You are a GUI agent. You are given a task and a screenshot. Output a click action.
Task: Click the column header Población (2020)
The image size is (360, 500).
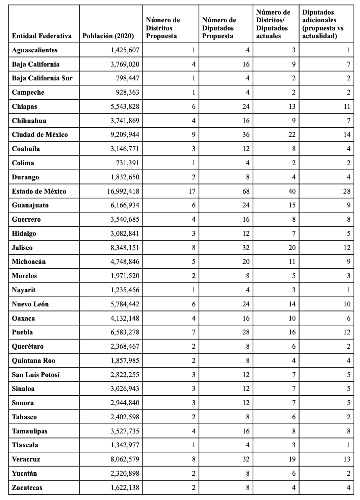(108, 36)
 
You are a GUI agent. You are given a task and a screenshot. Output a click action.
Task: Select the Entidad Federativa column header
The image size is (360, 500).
(42, 36)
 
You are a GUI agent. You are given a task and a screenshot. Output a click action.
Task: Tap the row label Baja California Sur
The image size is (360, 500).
(42, 78)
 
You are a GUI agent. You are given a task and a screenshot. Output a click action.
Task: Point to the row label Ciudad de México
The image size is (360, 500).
(40, 135)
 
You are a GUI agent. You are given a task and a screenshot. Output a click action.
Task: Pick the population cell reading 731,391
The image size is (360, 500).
(127, 163)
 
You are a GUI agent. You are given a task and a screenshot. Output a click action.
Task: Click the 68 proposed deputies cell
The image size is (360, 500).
(246, 191)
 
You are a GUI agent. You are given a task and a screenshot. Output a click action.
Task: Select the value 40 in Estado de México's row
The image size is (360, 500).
(292, 191)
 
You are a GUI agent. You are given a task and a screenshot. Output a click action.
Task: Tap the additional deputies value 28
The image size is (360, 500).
(347, 191)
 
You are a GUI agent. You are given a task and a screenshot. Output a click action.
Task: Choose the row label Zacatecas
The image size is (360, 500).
(27, 487)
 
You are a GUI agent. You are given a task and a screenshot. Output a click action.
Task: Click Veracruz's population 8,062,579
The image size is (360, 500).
(125, 459)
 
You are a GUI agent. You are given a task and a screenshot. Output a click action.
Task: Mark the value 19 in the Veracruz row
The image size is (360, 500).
(292, 459)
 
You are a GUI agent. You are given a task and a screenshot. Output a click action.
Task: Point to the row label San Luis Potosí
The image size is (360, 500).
(35, 375)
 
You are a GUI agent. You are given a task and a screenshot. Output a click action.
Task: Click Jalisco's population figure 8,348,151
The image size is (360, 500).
(125, 248)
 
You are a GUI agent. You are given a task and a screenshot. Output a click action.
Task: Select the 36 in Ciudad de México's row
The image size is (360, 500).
(246, 135)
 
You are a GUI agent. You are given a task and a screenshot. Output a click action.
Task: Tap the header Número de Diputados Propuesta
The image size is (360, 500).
(219, 28)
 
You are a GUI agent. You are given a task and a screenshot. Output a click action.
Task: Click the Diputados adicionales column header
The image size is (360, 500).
(323, 24)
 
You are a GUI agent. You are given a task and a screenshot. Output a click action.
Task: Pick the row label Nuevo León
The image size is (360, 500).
(30, 304)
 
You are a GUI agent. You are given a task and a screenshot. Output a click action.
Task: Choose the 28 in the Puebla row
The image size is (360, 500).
(246, 332)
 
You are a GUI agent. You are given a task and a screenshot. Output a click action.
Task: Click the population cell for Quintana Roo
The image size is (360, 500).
(125, 360)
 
